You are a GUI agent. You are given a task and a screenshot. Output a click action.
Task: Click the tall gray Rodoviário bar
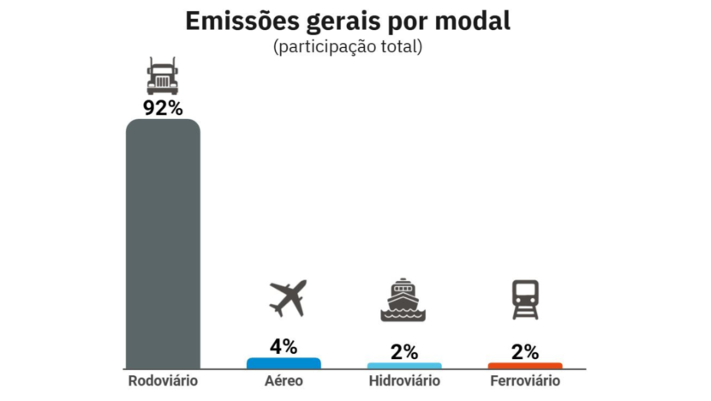[163, 244]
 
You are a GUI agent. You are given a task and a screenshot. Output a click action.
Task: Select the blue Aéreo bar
[284, 363]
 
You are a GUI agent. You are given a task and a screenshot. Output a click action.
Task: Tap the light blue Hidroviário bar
[404, 366]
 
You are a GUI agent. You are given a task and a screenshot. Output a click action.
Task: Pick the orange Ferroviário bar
[525, 366]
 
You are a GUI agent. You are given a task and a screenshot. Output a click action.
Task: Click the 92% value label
[163, 109]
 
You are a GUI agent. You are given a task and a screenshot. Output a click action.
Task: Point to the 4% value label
[284, 346]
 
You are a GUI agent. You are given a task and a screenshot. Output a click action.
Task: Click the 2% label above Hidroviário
[404, 351]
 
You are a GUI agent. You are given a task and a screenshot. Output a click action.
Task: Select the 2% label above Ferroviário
[525, 351]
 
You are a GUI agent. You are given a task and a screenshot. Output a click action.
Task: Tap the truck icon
[163, 77]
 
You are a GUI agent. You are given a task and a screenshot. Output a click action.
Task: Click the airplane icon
[287, 298]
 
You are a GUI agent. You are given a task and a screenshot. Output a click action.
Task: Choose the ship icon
[403, 300]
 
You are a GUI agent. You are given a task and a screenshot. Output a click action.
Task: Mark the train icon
[525, 300]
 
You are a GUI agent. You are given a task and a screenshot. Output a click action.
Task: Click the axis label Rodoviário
[163, 380]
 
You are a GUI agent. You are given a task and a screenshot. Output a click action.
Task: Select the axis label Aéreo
[284, 380]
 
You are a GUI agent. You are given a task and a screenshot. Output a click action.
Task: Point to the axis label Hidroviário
[404, 380]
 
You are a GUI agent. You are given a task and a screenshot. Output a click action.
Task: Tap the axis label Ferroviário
[525, 380]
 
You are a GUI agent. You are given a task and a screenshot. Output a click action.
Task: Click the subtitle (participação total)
[348, 47]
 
